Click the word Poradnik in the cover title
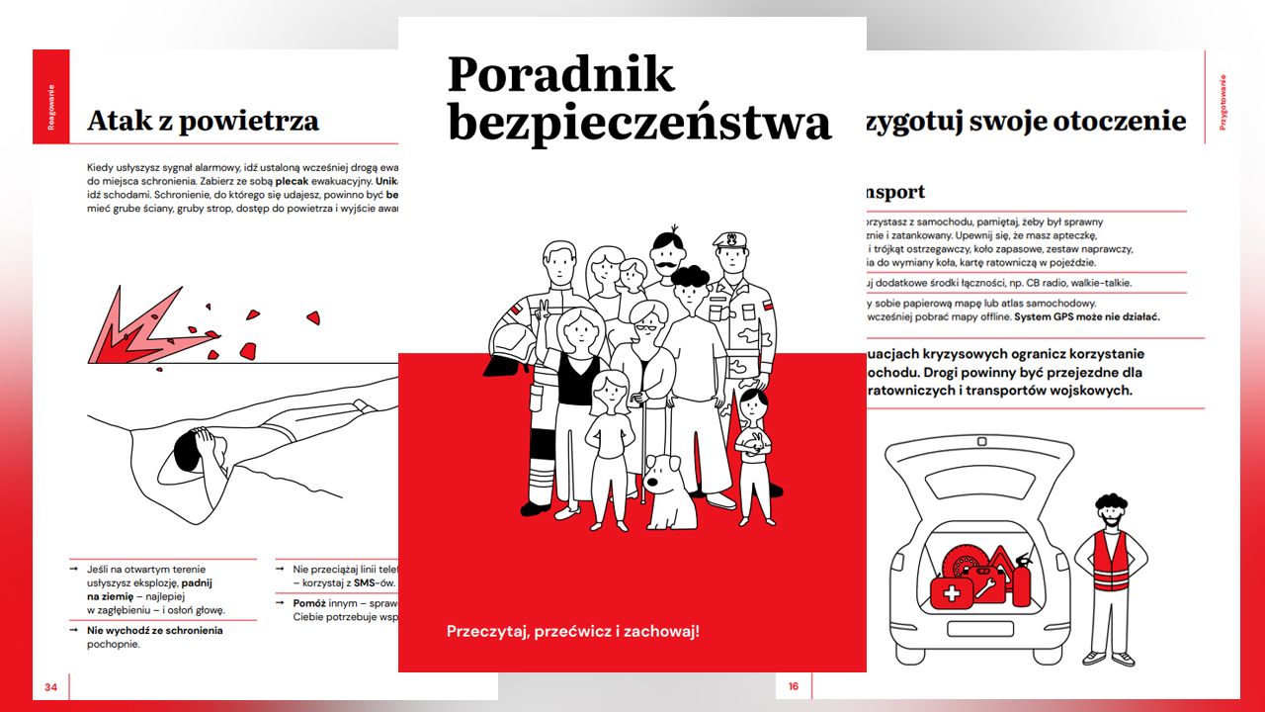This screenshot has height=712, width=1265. [x=560, y=76]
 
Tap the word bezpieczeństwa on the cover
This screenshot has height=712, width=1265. [x=638, y=123]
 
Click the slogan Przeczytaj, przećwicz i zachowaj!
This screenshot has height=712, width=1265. [x=572, y=630]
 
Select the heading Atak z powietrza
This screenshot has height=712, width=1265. [x=203, y=121]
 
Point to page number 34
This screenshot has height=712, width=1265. [x=50, y=686]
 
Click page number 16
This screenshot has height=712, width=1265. [x=793, y=686]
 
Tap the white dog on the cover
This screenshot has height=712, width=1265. [x=671, y=490]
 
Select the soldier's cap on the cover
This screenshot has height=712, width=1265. [x=729, y=239]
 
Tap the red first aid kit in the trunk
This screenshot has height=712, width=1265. [x=952, y=593]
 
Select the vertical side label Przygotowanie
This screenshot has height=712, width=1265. [x=1223, y=103]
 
